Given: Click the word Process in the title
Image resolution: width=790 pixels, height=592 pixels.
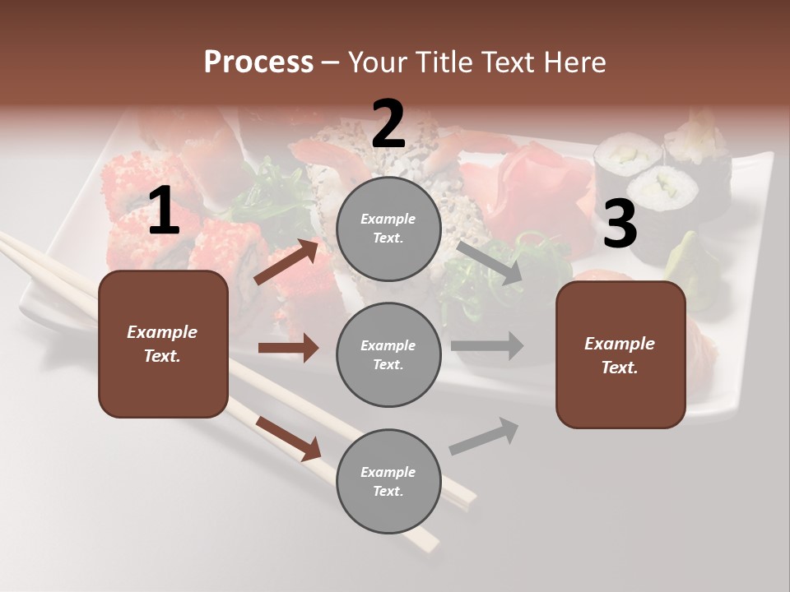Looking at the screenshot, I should [x=258, y=62].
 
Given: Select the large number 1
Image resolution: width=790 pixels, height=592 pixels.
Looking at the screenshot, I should [x=163, y=211].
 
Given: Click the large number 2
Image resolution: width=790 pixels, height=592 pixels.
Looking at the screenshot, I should [x=388, y=123].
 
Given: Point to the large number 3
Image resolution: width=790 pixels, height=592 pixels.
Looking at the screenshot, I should [x=620, y=224].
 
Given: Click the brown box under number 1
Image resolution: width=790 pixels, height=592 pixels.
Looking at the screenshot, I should [x=163, y=344].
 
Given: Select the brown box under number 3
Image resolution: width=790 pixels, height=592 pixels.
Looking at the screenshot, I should [x=620, y=354].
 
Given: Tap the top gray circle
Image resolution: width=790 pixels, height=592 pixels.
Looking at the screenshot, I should [x=388, y=229].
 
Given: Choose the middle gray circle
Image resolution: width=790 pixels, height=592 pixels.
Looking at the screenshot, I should [x=388, y=355].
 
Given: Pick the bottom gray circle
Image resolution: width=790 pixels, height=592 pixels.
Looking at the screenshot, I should [x=388, y=482].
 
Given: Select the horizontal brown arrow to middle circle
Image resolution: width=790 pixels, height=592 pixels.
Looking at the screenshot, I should [x=288, y=348].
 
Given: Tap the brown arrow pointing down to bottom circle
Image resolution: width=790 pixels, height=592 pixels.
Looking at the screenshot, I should [x=289, y=438].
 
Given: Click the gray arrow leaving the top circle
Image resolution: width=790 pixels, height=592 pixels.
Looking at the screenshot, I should [x=490, y=262].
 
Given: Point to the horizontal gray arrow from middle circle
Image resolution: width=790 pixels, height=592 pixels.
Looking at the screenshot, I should [x=486, y=346].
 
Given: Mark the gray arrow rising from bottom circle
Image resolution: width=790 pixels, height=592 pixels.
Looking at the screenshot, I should [x=484, y=437].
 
